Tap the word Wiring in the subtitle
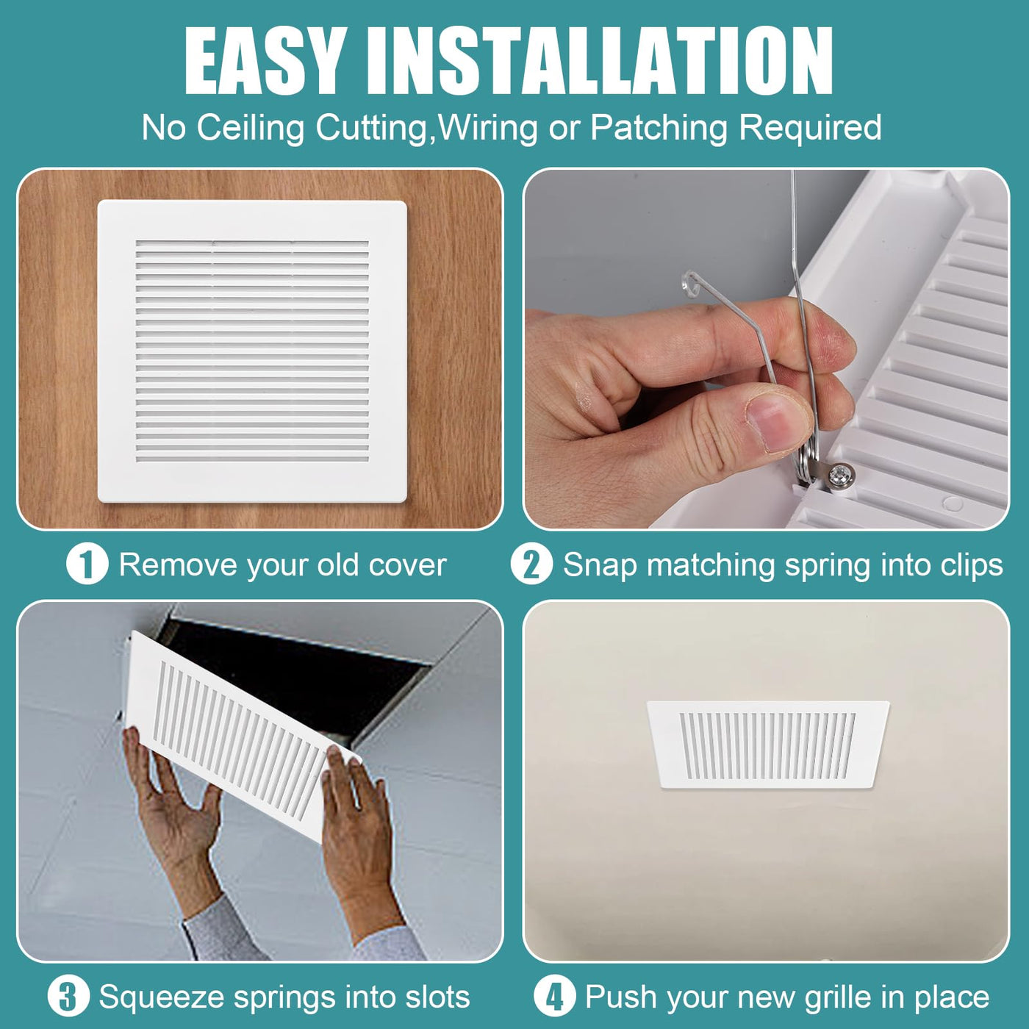(x=487, y=128)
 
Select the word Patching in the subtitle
(x=659, y=128)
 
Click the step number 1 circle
(x=87, y=564)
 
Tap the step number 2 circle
(x=531, y=564)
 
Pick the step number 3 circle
(x=68, y=997)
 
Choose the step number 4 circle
(x=555, y=997)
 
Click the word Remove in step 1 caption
(x=177, y=564)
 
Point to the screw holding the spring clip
(x=839, y=472)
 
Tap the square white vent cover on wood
(x=252, y=351)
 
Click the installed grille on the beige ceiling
(x=767, y=745)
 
